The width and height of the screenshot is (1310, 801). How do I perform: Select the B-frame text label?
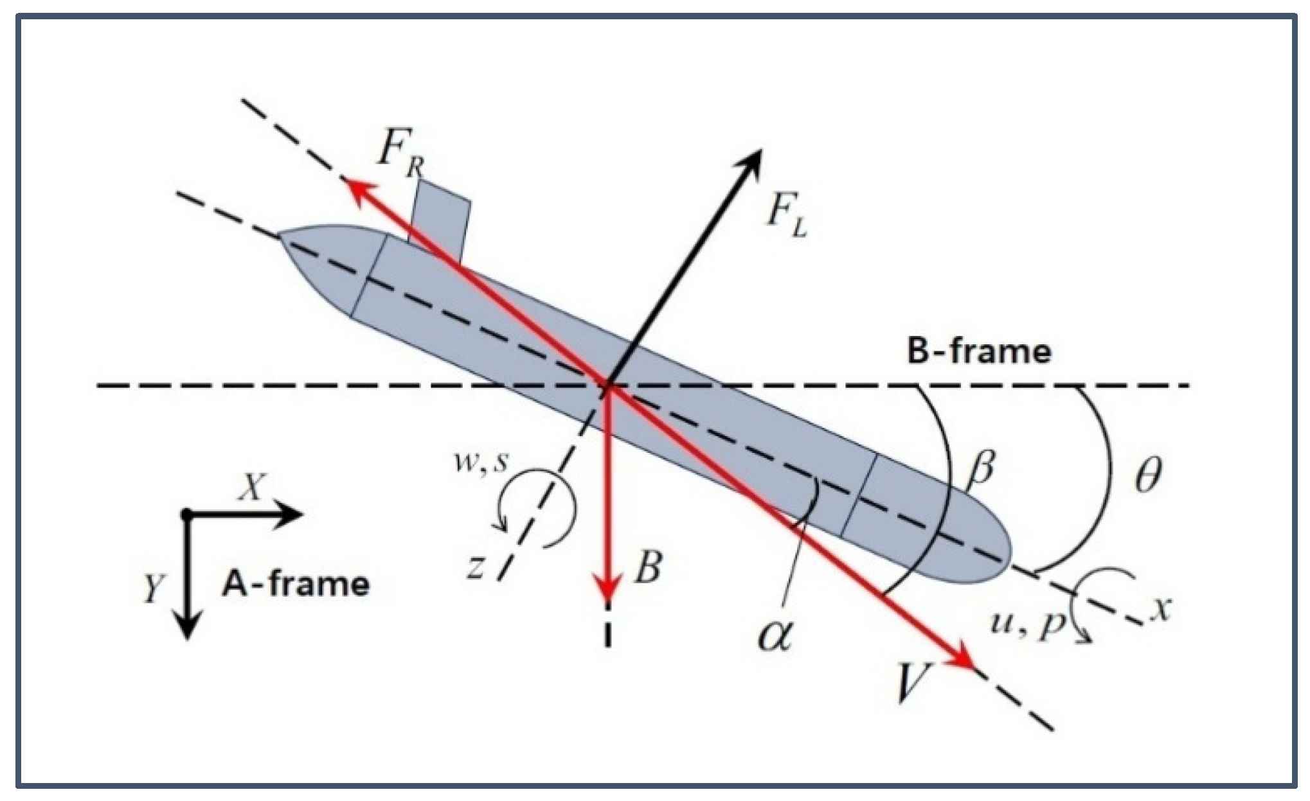point(979,352)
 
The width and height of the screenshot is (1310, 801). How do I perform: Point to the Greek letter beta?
point(980,471)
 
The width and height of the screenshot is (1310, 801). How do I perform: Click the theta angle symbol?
point(1147,476)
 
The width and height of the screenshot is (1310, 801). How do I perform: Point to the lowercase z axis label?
point(474,568)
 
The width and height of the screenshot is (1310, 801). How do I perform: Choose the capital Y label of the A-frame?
point(152,588)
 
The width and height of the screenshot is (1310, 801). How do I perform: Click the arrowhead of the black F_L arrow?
point(749,163)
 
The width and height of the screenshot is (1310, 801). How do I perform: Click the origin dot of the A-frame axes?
point(186,514)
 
